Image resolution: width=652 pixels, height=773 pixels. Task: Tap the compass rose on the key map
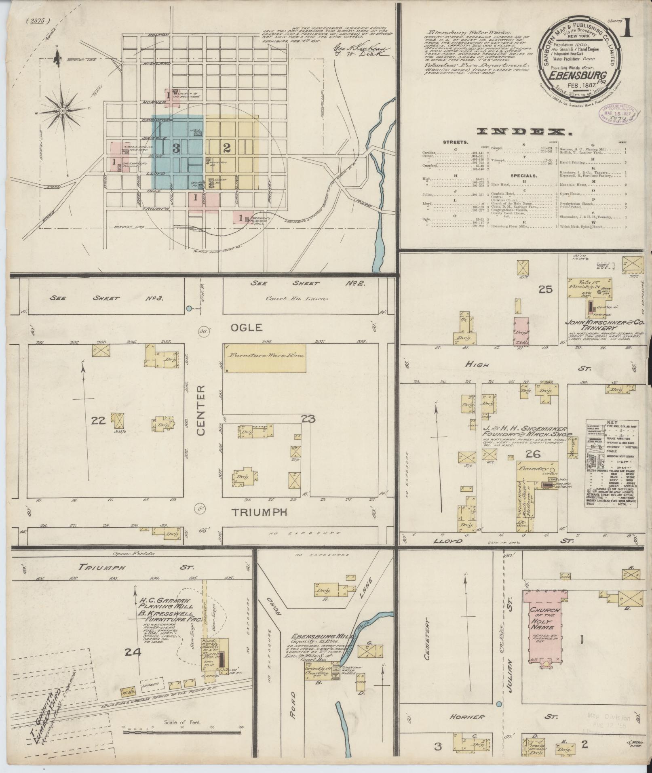(63, 110)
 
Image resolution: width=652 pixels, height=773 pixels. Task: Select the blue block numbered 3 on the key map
(176, 148)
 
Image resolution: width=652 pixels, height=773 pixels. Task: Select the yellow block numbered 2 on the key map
(227, 148)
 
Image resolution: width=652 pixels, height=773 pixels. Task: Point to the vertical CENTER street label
(202, 410)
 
